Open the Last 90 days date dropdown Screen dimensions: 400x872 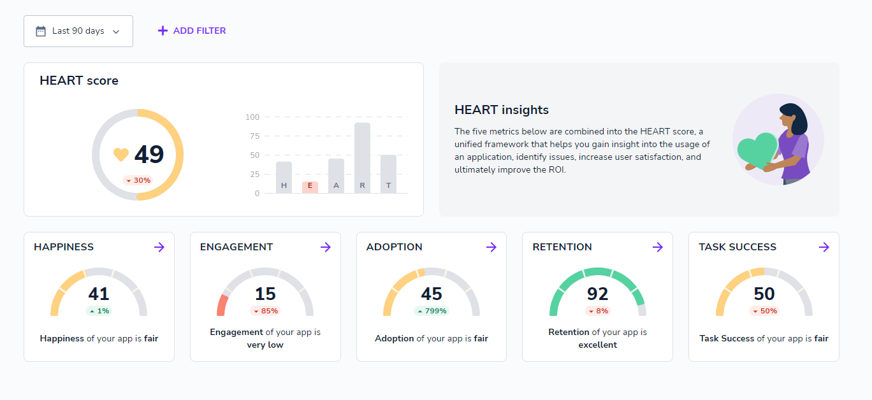point(78,31)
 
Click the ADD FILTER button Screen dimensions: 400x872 point(192,31)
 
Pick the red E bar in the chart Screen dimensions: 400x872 point(310,187)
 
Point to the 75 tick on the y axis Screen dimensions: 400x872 point(254,136)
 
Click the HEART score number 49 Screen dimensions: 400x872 point(149,154)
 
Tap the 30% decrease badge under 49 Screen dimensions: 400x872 point(138,180)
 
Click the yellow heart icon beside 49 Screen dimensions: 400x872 point(120,154)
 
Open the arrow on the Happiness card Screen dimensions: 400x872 point(159,247)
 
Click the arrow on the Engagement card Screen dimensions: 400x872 point(326,247)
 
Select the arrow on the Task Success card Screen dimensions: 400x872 point(824,247)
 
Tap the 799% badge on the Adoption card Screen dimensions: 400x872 point(432,311)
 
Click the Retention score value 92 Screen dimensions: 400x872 point(598,294)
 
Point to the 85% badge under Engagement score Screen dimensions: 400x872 point(265,311)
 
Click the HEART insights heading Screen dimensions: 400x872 point(501,110)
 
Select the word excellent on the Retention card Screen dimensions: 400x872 point(598,345)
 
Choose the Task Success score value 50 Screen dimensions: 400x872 point(764,294)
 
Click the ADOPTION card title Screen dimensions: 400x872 point(394,247)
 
